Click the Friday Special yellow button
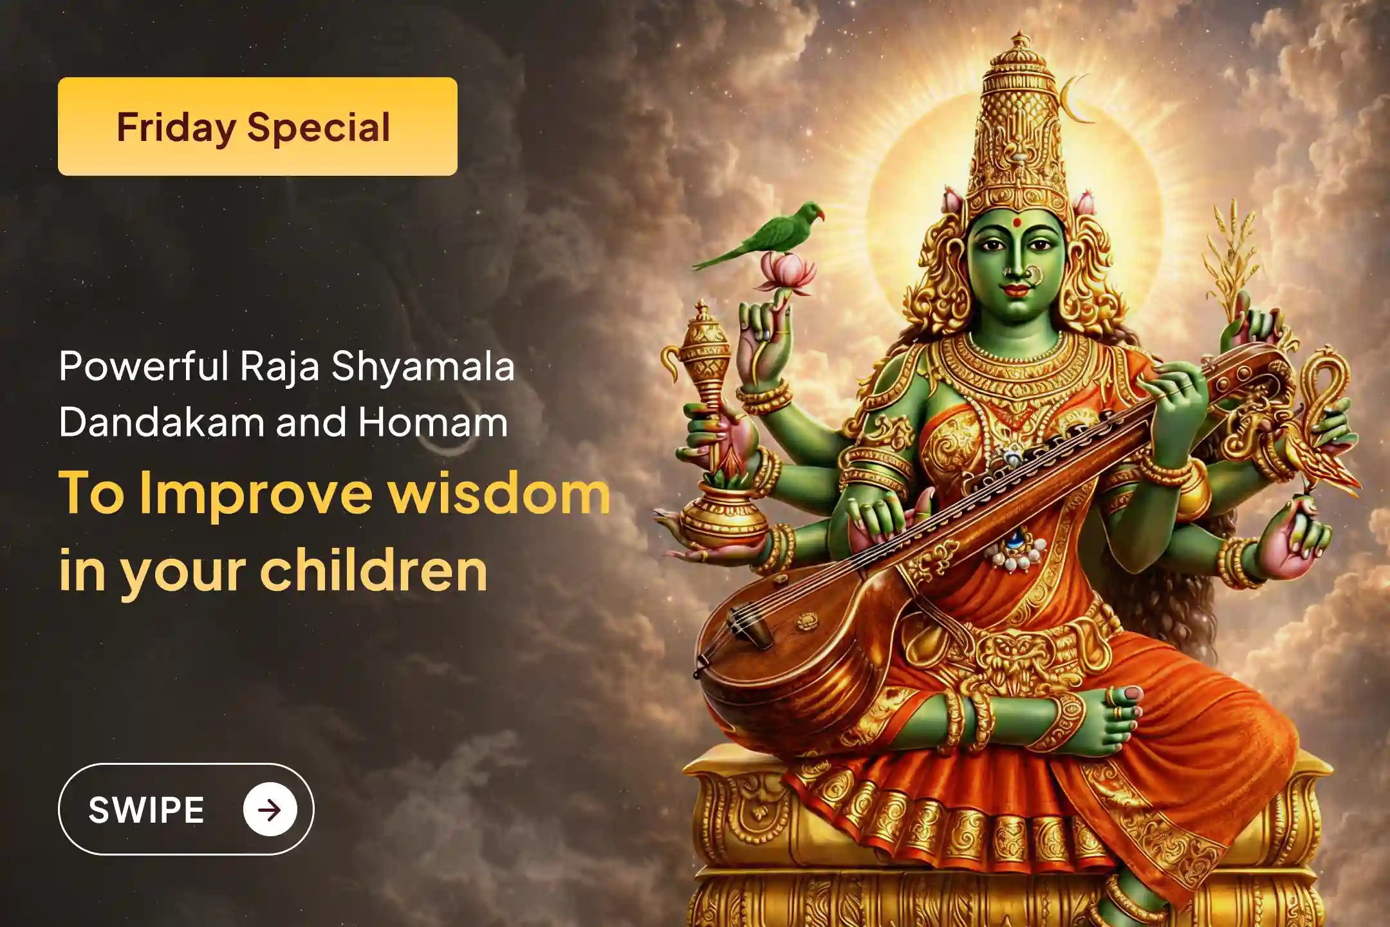point(257,126)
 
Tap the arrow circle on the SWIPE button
point(270,809)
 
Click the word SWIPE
point(146,810)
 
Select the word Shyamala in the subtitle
point(422,367)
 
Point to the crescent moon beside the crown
point(1073,100)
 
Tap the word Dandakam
point(162,423)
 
